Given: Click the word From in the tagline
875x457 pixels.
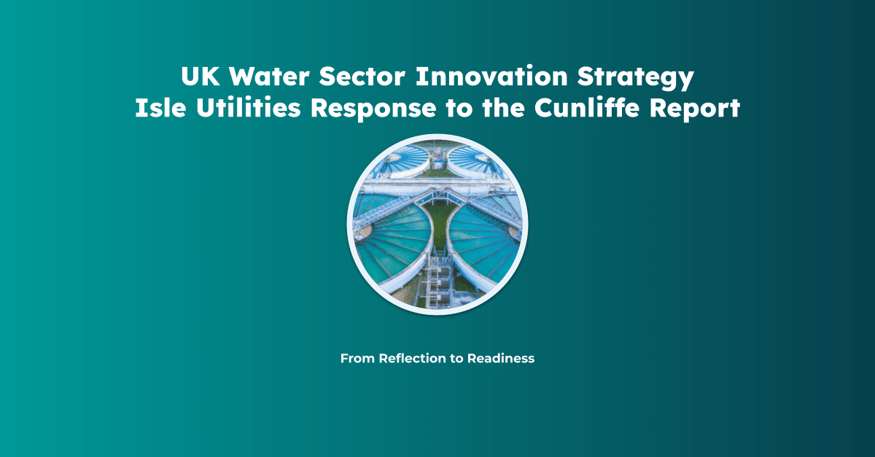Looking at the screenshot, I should pos(357,359).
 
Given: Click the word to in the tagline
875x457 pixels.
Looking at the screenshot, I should pos(457,359).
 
